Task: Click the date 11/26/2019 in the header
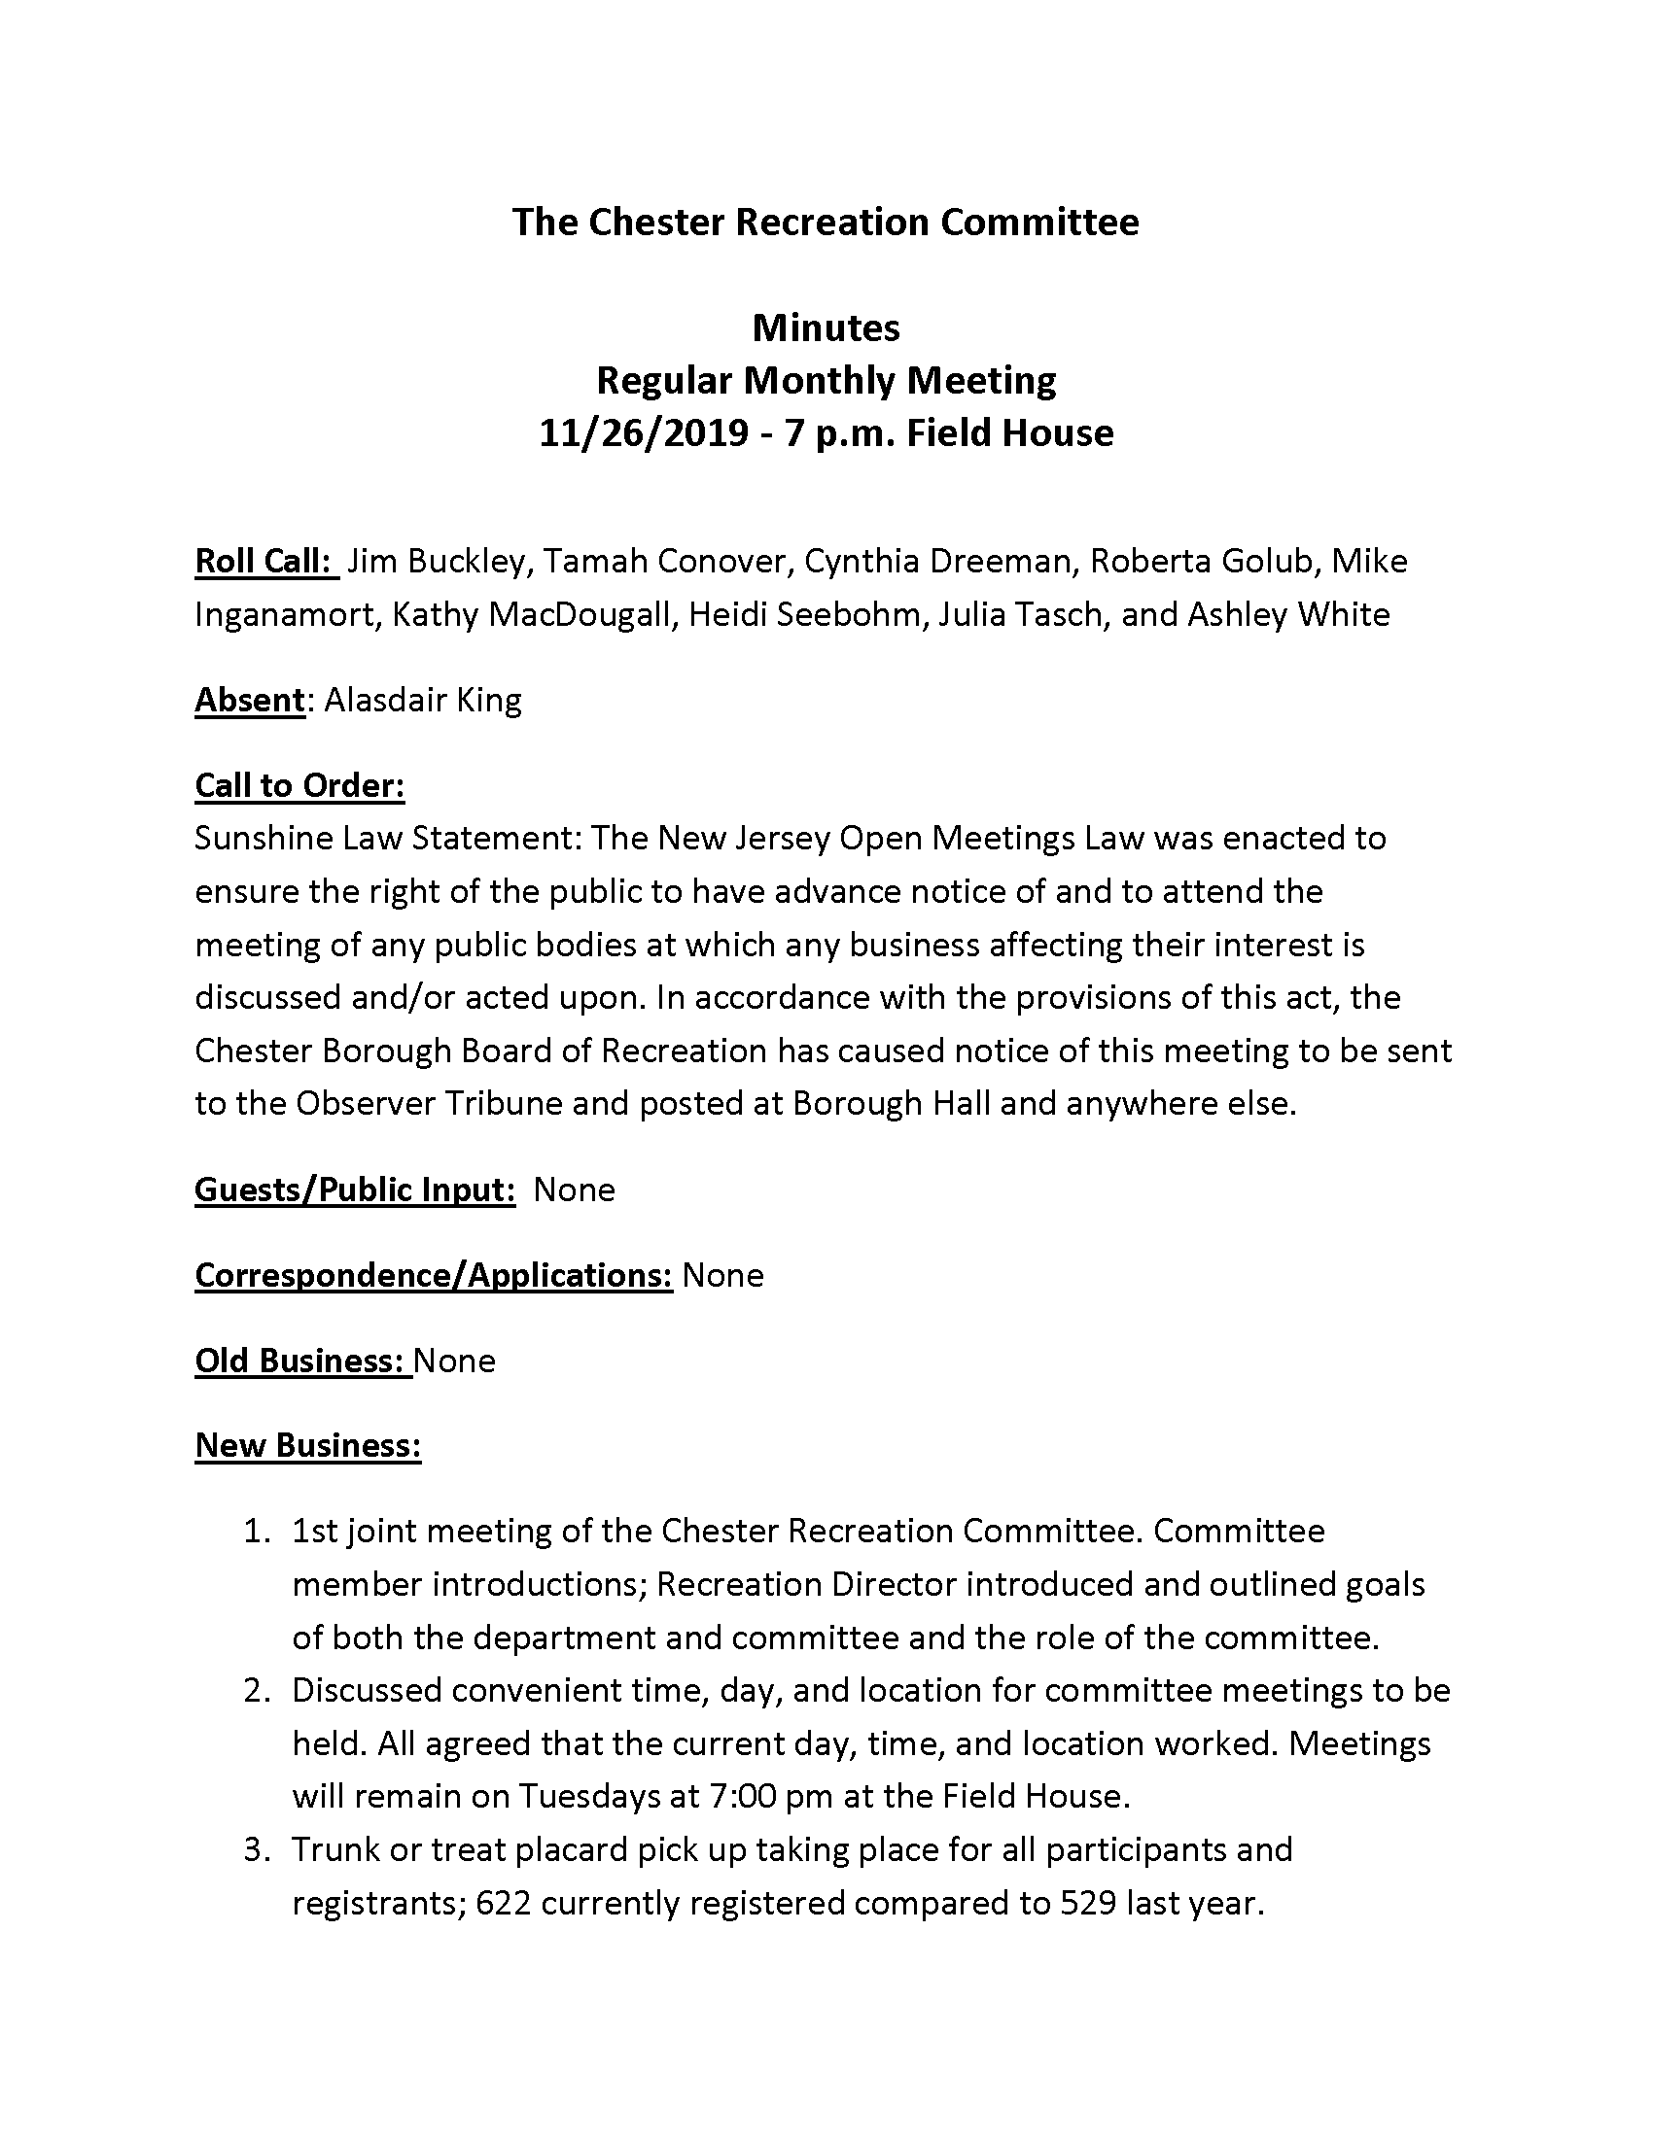[644, 432]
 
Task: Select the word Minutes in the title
[826, 327]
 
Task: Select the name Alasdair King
[422, 700]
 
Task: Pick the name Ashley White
[1288, 614]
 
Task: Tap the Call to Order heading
[299, 785]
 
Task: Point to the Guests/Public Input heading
[355, 1190]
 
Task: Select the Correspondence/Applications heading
[433, 1275]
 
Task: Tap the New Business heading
[307, 1445]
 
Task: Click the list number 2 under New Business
[256, 1690]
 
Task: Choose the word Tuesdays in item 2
[591, 1795]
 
